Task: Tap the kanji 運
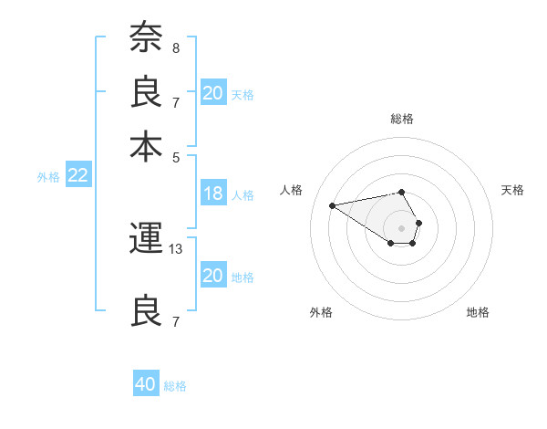pos(146,240)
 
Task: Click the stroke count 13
pos(176,248)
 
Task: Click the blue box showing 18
pos(213,194)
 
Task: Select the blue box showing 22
pos(77,176)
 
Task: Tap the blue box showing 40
pos(146,384)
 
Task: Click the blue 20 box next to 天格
pos(213,93)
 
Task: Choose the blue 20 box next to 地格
pos(213,276)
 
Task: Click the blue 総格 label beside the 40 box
pos(175,386)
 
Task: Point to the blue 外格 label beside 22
pos(48,177)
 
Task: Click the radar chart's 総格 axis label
pos(402,119)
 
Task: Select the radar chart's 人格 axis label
pos(293,190)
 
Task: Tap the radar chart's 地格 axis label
pos(478,312)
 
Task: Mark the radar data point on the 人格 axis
pos(332,204)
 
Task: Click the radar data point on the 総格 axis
pos(402,192)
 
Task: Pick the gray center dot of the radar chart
pos(402,227)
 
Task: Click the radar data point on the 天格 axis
pos(418,223)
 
